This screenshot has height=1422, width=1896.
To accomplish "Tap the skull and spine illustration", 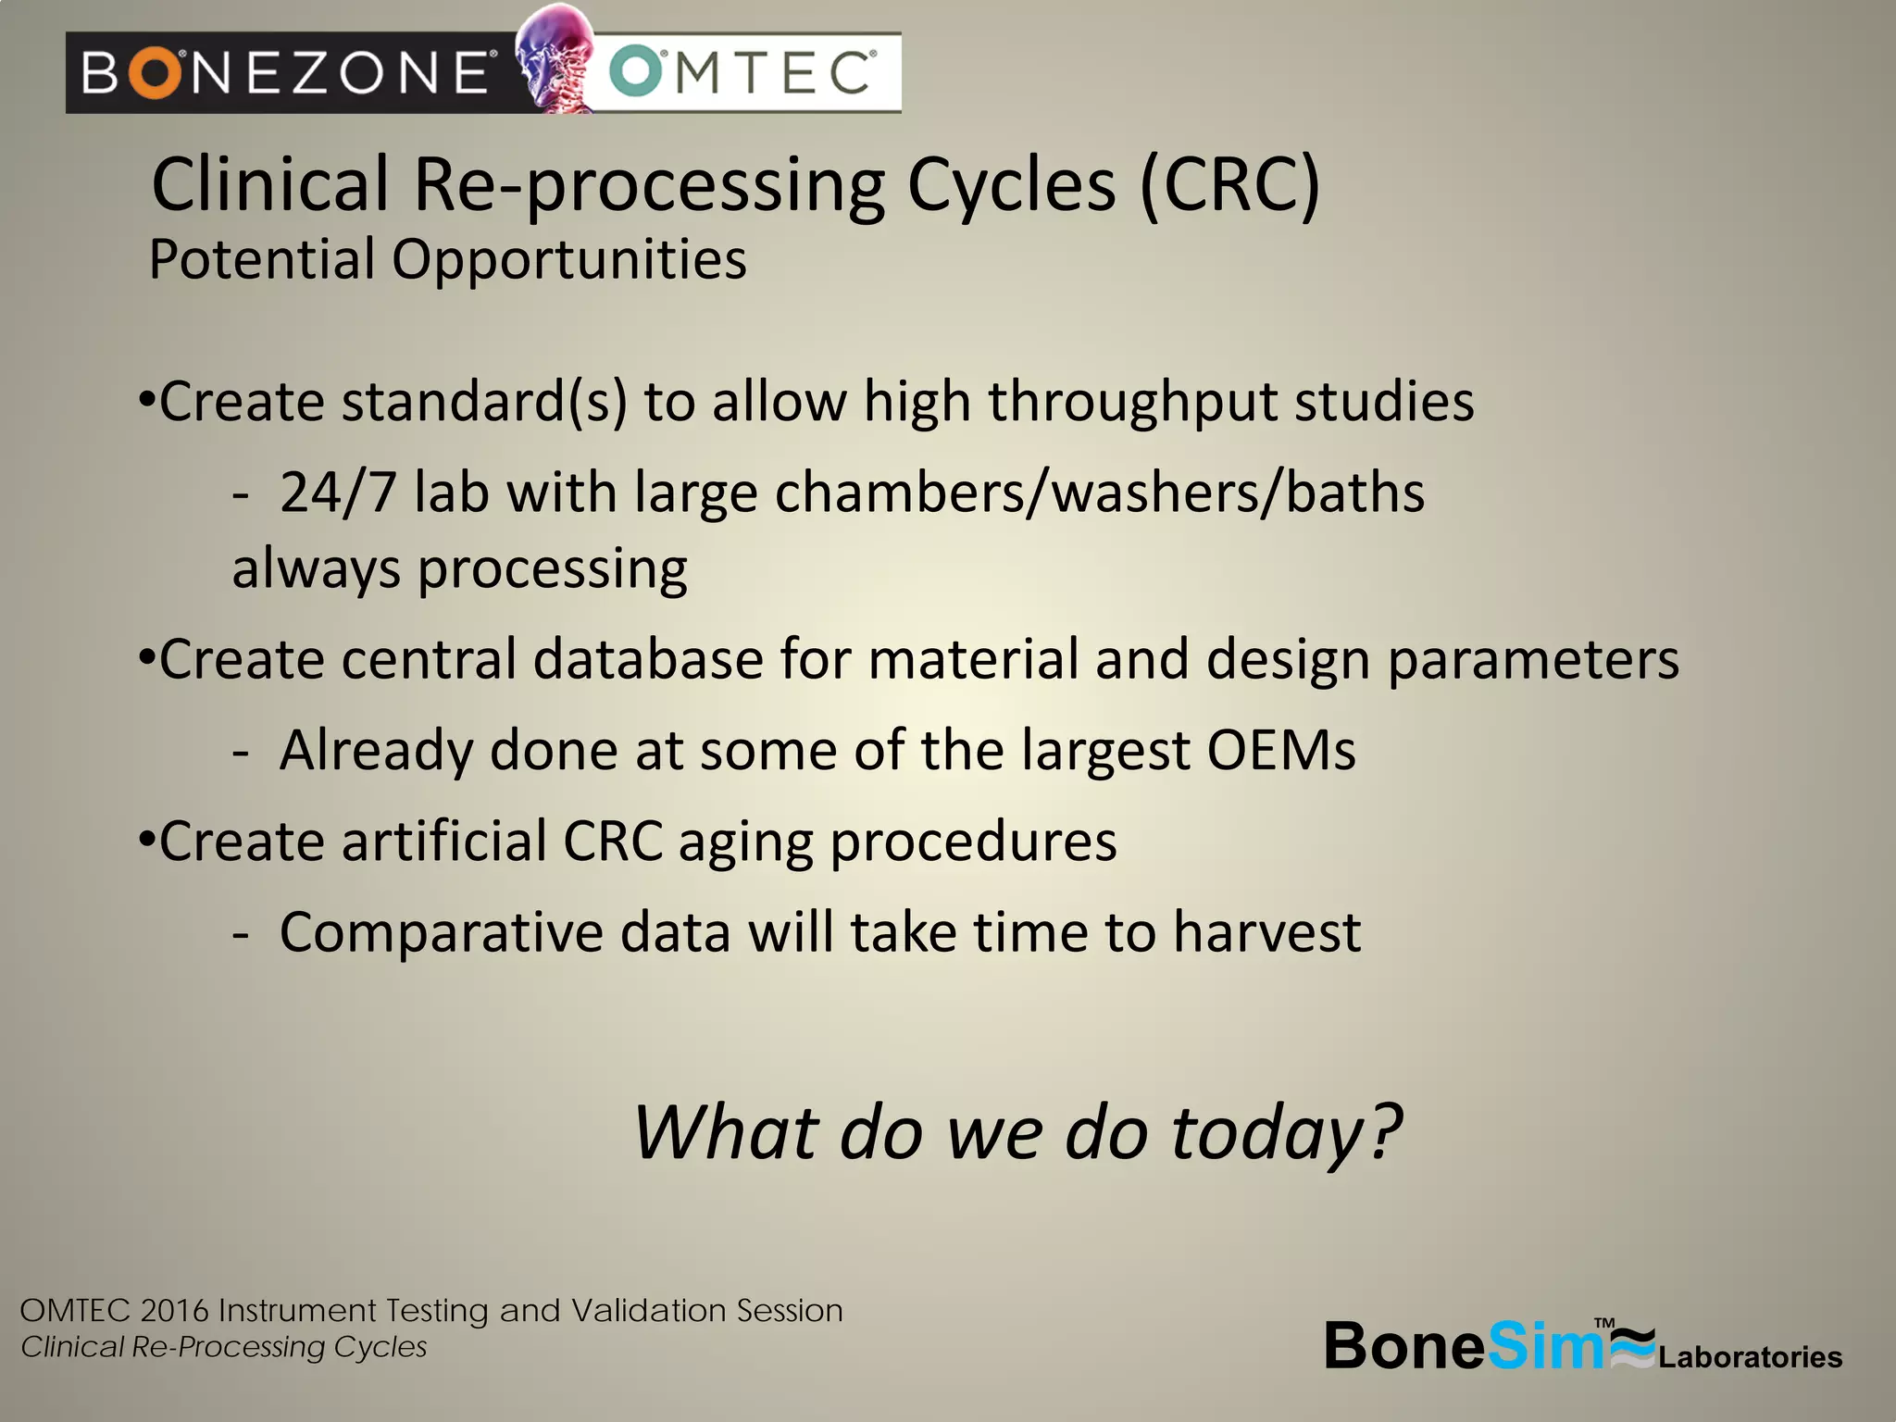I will point(555,57).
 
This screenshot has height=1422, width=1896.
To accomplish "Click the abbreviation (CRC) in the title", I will point(1229,185).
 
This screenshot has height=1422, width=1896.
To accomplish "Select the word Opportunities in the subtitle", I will point(568,260).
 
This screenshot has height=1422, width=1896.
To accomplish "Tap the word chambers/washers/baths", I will point(1099,493).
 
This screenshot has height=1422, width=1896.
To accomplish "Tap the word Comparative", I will point(442,933).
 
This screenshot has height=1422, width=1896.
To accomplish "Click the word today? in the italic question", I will point(1287,1133).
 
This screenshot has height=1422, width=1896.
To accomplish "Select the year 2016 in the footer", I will point(175,1311).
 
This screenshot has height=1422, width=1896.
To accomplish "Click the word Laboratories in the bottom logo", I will point(1750,1357).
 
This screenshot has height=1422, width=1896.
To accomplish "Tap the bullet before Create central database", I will point(145,659).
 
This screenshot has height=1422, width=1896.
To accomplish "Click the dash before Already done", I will point(241,752).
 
